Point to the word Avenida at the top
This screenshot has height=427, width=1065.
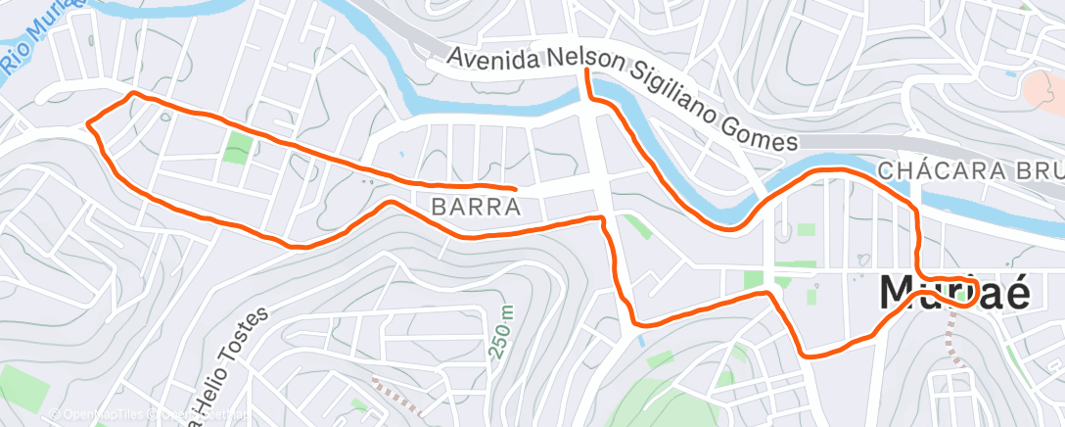[493, 59]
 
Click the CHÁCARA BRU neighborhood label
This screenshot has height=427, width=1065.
[969, 170]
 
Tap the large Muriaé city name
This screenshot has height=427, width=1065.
[954, 293]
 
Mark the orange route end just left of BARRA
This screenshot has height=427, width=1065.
[515, 187]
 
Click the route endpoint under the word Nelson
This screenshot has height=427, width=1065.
[586, 71]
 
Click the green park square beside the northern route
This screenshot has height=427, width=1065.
[236, 148]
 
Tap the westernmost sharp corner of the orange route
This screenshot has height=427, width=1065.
[88, 123]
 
